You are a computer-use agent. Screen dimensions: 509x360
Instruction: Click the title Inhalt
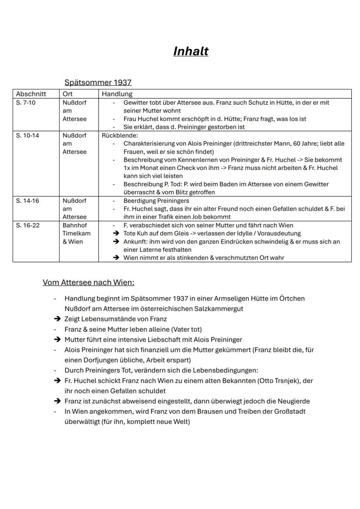[190, 51]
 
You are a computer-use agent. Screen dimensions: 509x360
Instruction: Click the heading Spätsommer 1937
[98, 82]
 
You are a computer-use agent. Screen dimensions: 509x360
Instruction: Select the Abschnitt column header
[31, 94]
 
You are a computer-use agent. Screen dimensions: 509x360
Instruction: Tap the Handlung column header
[117, 94]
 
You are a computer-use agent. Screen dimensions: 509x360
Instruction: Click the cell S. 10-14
[27, 135]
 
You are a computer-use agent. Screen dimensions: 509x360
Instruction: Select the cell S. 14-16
[27, 201]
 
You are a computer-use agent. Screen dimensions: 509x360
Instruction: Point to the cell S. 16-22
[27, 225]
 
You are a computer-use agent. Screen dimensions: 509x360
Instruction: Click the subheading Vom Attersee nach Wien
[88, 283]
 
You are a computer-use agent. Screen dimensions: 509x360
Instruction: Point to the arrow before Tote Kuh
[116, 233]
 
